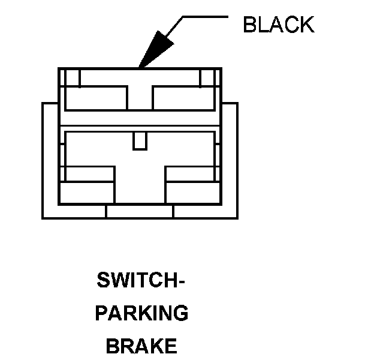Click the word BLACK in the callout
click(x=278, y=25)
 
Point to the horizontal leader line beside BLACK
click(x=204, y=16)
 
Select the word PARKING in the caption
click(x=141, y=313)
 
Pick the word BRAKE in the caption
click(x=141, y=346)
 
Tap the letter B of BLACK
click(x=249, y=25)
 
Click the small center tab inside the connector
click(x=140, y=141)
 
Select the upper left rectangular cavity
click(x=96, y=98)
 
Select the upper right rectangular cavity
click(x=183, y=98)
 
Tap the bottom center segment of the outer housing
click(x=140, y=212)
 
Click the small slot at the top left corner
click(x=73, y=78)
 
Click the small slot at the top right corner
click(x=207, y=78)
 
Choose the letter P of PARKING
click(x=101, y=313)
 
